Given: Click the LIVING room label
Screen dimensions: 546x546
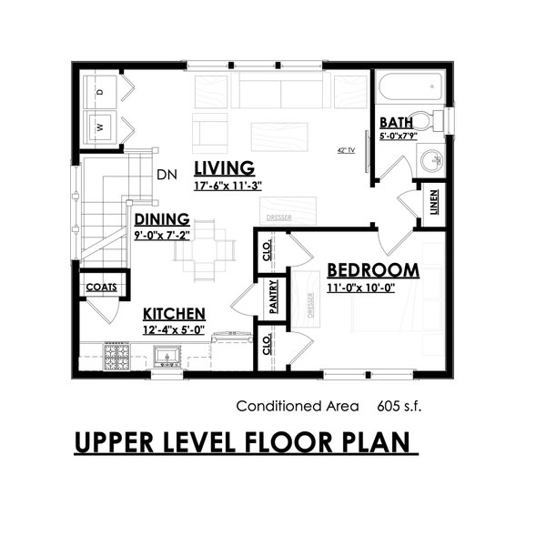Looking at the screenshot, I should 223,167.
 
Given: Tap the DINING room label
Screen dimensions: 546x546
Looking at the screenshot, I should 162,219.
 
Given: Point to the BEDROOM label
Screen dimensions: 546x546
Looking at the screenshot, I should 373,270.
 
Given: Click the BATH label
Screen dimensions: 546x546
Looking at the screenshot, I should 397,122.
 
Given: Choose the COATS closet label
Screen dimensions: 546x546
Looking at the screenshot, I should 102,288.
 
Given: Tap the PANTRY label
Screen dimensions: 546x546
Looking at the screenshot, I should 272,298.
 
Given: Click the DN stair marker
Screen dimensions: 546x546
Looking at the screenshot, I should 166,174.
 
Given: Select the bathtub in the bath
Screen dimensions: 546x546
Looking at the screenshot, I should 409,92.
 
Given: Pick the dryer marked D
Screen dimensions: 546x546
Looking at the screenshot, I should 101,91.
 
